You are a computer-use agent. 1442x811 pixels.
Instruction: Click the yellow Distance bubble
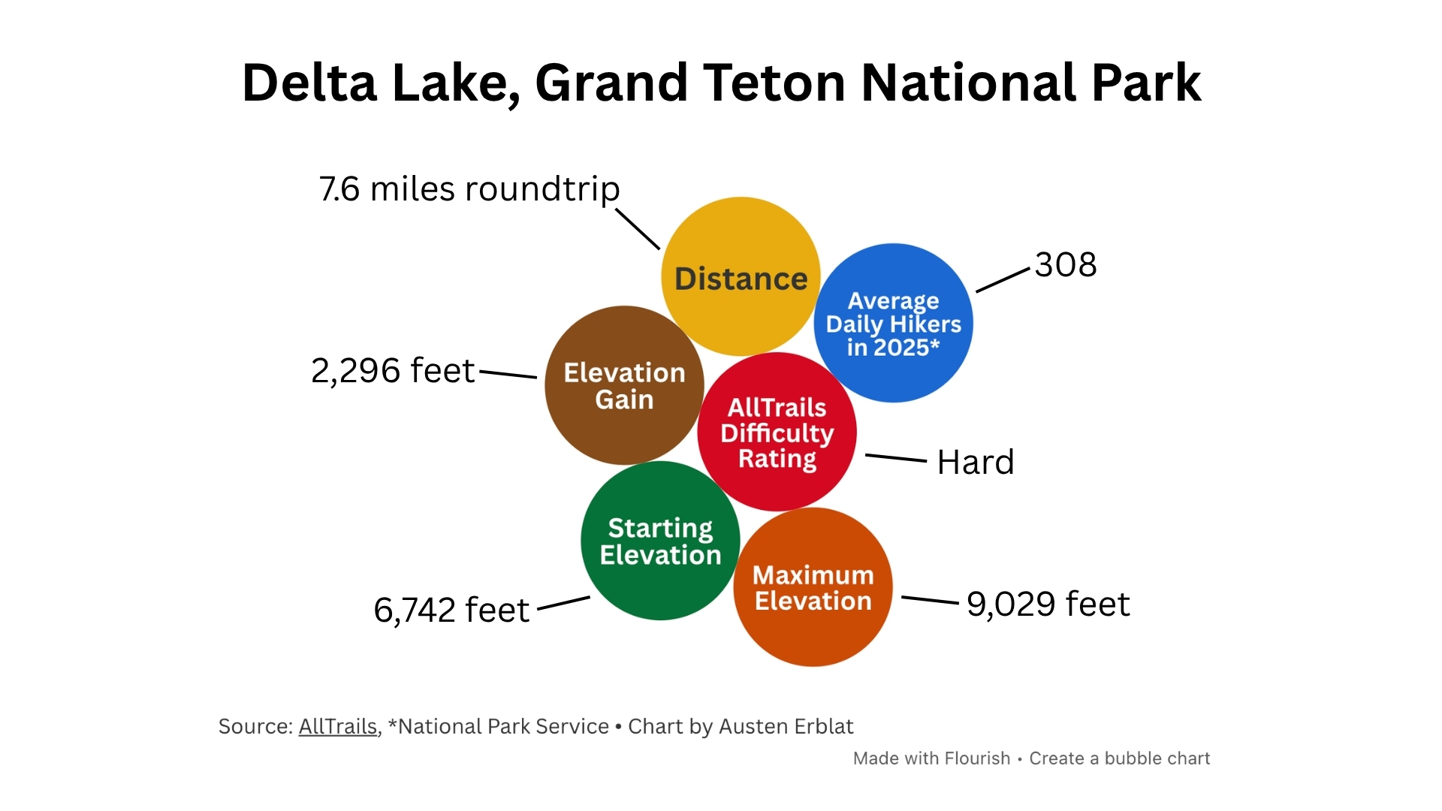click(741, 276)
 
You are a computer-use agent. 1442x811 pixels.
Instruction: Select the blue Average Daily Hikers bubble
click(894, 323)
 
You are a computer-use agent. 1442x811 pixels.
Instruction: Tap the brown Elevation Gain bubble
click(624, 385)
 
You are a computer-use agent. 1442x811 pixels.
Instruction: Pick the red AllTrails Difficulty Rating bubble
click(777, 432)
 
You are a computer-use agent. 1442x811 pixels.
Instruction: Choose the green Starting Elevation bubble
click(661, 541)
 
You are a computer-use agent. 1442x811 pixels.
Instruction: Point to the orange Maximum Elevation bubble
click(813, 587)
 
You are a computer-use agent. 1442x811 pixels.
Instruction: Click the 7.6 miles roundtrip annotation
click(469, 189)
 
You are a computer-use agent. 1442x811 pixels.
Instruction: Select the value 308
click(1066, 265)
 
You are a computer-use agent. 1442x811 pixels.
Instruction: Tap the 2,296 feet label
click(393, 371)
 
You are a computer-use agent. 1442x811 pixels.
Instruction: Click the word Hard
click(976, 463)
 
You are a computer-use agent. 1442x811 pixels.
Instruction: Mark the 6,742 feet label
click(451, 610)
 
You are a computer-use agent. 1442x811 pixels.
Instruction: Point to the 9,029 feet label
click(1048, 604)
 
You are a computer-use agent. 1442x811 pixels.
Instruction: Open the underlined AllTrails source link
click(338, 727)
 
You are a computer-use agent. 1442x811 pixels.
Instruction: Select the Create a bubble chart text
click(1120, 758)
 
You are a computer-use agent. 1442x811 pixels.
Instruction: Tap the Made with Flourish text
click(931, 758)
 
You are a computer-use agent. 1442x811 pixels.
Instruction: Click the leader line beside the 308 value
click(1003, 280)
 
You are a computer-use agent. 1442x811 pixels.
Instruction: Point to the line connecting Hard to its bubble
click(896, 457)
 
